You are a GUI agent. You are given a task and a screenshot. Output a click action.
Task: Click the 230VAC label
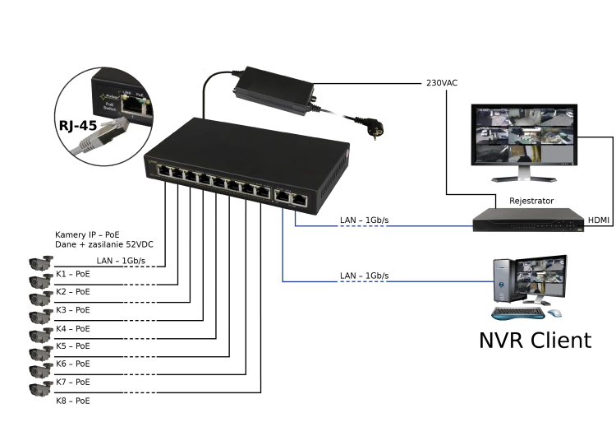pyautogui.click(x=442, y=83)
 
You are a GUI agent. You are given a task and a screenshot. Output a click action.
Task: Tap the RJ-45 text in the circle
pyautogui.click(x=78, y=126)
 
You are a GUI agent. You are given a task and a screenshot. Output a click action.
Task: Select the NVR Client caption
pyautogui.click(x=535, y=341)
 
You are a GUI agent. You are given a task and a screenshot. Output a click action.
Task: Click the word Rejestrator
pyautogui.click(x=531, y=201)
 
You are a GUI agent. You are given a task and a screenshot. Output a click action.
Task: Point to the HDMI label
pyautogui.click(x=598, y=220)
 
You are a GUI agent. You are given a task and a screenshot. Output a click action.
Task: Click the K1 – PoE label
pyautogui.click(x=73, y=274)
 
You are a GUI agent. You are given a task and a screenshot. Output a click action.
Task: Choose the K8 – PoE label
pyautogui.click(x=73, y=401)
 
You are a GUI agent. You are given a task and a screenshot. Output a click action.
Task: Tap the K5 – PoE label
pyautogui.click(x=73, y=346)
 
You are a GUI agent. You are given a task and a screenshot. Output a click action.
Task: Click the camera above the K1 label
pyautogui.click(x=41, y=263)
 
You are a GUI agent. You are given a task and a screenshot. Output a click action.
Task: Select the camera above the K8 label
pyautogui.click(x=41, y=388)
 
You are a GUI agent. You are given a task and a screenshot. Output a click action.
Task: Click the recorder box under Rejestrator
pyautogui.click(x=529, y=220)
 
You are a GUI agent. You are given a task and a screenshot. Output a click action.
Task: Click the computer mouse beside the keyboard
pyautogui.click(x=554, y=313)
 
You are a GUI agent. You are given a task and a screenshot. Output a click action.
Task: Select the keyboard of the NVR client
pyautogui.click(x=518, y=313)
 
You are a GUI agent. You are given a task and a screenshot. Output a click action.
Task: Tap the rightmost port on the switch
pyautogui.click(x=300, y=200)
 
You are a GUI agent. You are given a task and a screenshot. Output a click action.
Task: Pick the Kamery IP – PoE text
pyautogui.click(x=87, y=235)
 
